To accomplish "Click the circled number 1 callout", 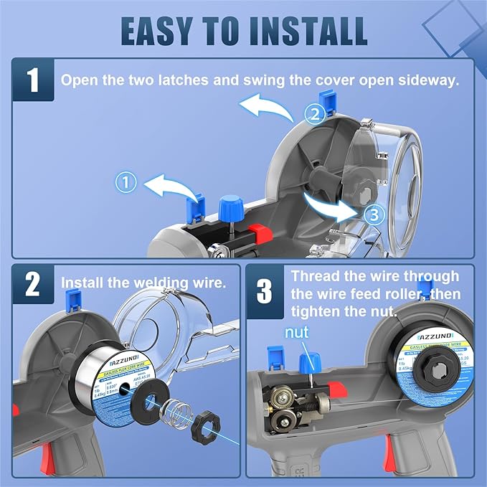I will [127, 184].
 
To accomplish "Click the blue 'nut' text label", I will [298, 333].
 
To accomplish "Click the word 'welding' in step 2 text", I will [161, 283].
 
